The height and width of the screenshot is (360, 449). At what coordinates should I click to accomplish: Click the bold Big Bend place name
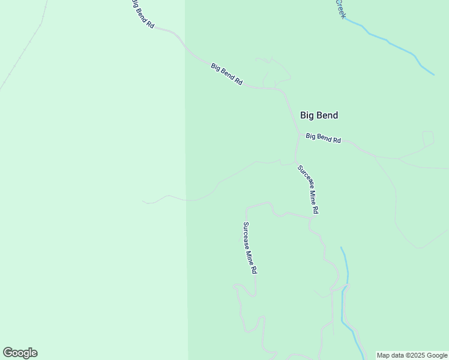(x=319, y=115)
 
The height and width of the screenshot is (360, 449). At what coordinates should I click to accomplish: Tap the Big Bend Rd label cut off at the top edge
(x=143, y=14)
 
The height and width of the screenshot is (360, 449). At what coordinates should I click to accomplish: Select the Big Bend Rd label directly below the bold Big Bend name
(x=323, y=137)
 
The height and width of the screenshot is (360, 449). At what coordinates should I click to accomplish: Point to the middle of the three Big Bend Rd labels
(x=226, y=74)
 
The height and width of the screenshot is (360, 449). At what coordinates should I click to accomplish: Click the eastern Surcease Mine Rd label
(x=308, y=190)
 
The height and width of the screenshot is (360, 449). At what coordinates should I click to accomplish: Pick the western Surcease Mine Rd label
(x=250, y=248)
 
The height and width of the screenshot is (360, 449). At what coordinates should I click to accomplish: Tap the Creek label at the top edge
(x=340, y=8)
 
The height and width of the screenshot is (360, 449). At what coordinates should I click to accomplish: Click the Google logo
(x=20, y=353)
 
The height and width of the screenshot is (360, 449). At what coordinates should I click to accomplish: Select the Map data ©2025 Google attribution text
(x=412, y=355)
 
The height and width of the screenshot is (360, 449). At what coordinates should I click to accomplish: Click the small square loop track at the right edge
(x=428, y=139)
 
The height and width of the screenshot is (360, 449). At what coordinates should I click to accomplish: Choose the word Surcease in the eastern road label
(x=304, y=179)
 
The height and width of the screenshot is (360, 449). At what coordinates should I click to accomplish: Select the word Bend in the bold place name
(x=328, y=115)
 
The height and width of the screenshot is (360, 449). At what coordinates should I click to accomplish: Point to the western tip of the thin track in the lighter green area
(x=143, y=202)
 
